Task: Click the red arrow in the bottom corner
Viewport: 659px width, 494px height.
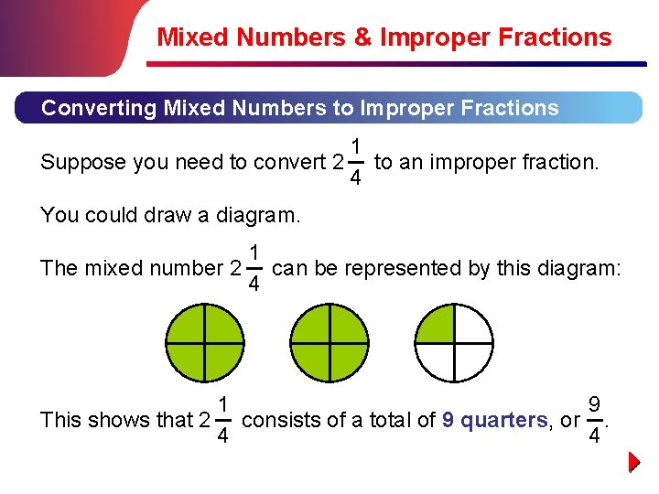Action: pyautogui.click(x=635, y=462)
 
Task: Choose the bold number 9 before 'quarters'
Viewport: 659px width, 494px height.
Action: pyautogui.click(x=448, y=421)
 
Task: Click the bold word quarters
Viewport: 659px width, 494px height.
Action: pyautogui.click(x=504, y=421)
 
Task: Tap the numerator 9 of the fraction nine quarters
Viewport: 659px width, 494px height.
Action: pyautogui.click(x=595, y=403)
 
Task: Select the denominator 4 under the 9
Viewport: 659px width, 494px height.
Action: pyautogui.click(x=595, y=436)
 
